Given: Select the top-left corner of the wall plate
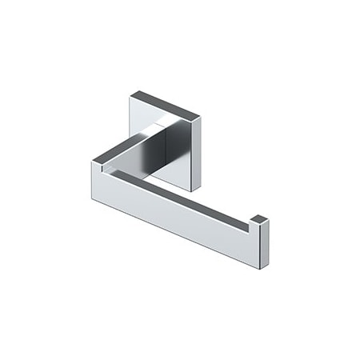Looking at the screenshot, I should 130,93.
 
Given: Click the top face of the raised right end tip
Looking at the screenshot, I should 259,218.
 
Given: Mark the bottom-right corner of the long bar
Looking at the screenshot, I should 261,268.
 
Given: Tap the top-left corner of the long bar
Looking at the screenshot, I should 92,162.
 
